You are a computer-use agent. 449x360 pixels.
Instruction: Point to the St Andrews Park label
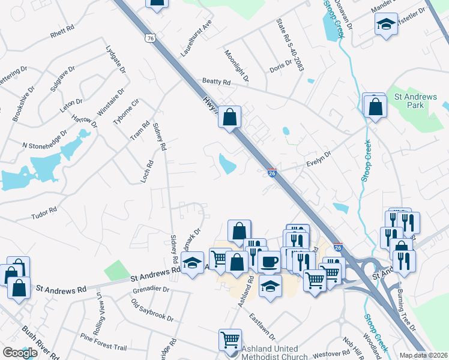pyautogui.click(x=409, y=101)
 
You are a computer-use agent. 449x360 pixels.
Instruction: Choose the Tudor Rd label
pyautogui.click(x=44, y=211)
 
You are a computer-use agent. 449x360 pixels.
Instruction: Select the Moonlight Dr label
pyautogui.click(x=236, y=66)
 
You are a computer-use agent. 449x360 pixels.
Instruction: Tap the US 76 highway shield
pyautogui.click(x=151, y=38)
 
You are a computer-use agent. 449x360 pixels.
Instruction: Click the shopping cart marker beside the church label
pyautogui.click(x=230, y=340)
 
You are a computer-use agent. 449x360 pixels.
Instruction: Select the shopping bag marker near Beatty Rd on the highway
pyautogui.click(x=229, y=116)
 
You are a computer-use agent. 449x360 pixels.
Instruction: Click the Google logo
pyautogui.click(x=20, y=353)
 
